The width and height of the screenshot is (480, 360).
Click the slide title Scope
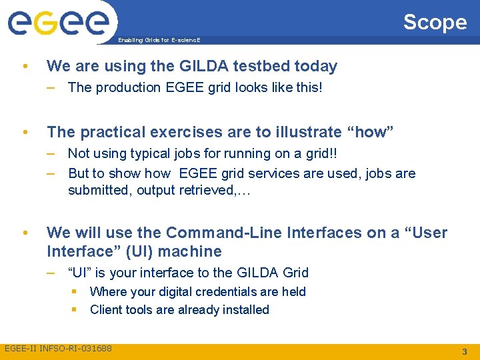point(435,22)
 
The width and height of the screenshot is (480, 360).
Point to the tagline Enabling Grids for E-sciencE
point(159,40)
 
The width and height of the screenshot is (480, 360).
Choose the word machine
point(193,251)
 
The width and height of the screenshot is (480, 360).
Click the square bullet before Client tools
point(75,309)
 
